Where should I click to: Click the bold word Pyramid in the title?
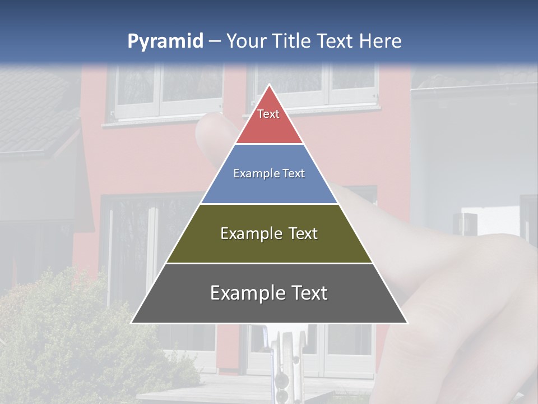pos(165,42)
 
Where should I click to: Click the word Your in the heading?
pos(247,41)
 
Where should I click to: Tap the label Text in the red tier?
pos(268,114)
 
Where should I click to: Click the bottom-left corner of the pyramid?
pos(132,323)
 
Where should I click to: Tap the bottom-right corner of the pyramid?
pos(406,323)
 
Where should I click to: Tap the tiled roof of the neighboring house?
pos(34,112)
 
